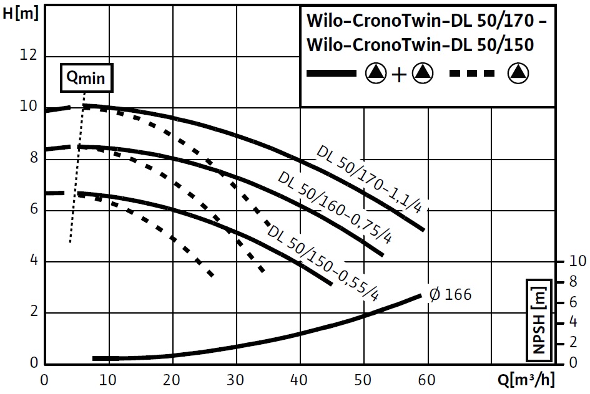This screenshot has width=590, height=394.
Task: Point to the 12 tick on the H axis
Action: coord(29,55)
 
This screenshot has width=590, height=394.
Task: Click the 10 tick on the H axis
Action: coord(29,107)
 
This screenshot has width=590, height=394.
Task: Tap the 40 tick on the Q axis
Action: coord(300,380)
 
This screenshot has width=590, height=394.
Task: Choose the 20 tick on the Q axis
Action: coord(172,380)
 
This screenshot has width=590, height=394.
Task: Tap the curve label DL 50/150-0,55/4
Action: coord(323,261)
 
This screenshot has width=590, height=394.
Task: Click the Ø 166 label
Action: coord(451,294)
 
